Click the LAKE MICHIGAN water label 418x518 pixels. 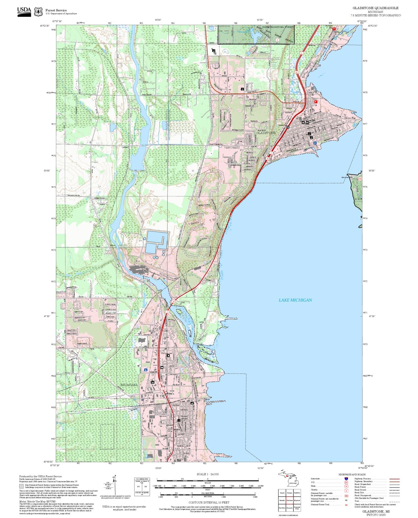[x=295, y=300]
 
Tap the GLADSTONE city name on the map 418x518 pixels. [x=266, y=133]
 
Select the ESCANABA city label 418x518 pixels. [x=129, y=385]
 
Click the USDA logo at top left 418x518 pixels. [x=24, y=12]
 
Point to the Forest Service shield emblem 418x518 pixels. [x=38, y=12]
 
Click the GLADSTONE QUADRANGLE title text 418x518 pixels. [x=375, y=8]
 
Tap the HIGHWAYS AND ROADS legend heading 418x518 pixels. [x=352, y=474]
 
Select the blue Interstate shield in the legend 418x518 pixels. [x=346, y=479]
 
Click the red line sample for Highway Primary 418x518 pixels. [x=395, y=479]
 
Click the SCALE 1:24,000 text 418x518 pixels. [x=207, y=474]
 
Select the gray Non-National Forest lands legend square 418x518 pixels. [x=21, y=486]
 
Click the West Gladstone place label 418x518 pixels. [x=216, y=144]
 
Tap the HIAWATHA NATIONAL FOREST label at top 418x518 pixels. [x=278, y=27]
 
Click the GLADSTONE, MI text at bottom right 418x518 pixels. [x=376, y=511]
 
